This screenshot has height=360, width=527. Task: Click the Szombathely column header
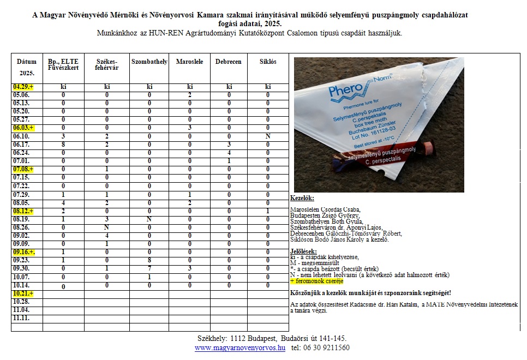(149, 62)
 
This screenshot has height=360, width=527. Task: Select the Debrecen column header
(229, 62)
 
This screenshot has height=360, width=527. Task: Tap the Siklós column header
(268, 62)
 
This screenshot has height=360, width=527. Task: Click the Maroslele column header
(189, 62)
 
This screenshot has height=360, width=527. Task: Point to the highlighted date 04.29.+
(23, 87)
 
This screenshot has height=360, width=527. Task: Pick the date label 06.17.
(21, 144)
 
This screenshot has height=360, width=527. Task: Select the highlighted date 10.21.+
(23, 293)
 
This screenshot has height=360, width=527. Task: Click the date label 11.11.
(21, 317)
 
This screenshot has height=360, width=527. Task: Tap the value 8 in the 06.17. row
(63, 144)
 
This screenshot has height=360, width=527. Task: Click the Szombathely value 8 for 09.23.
(149, 261)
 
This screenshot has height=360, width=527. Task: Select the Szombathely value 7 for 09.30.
(149, 269)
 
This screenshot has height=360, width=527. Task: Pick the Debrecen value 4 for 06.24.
(229, 152)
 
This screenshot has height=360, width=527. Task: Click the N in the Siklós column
(268, 136)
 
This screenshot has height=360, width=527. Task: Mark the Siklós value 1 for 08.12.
(268, 211)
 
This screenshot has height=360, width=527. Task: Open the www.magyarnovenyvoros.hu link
(240, 347)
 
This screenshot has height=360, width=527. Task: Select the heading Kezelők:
(301, 200)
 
